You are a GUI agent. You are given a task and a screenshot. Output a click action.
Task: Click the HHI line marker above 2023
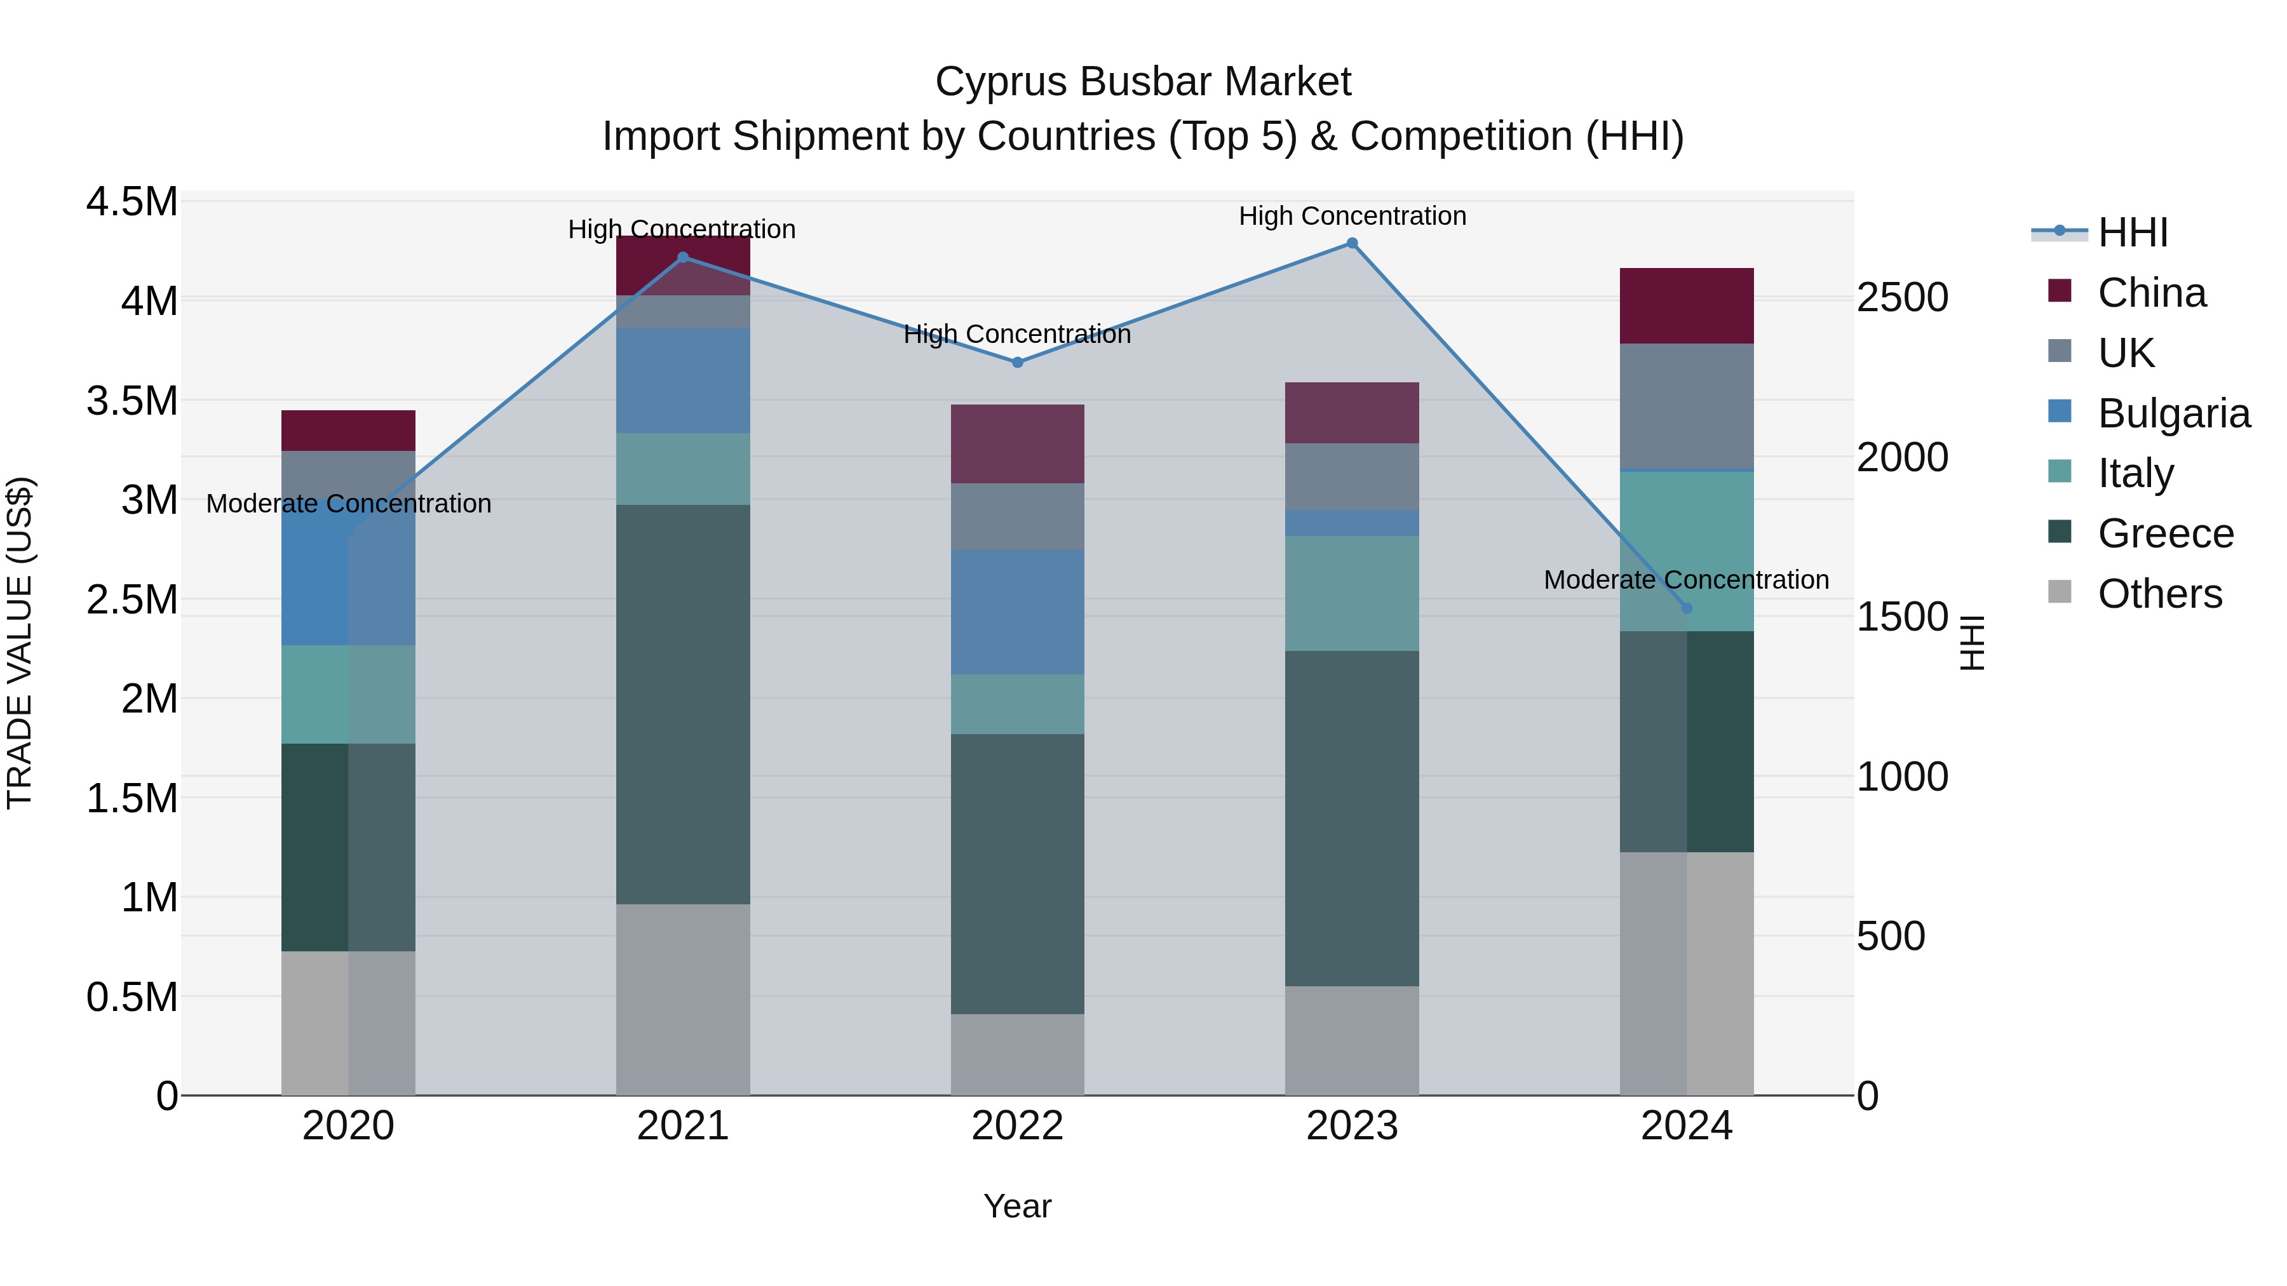1351,243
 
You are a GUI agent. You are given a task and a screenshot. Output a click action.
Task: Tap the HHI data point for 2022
1018,362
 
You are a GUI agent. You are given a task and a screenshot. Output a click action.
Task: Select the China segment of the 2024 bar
1686,305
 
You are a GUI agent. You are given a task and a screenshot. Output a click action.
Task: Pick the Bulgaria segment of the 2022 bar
1018,612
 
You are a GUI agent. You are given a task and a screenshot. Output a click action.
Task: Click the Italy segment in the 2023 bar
1351,593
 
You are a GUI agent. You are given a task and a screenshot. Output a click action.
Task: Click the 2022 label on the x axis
1018,1126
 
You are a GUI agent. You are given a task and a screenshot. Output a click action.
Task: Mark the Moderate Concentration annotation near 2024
1686,580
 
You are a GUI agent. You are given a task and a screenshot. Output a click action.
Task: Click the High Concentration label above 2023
1351,216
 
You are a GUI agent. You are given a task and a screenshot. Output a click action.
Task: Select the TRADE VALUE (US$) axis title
20,643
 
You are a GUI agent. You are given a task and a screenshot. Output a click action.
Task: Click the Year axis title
1018,1206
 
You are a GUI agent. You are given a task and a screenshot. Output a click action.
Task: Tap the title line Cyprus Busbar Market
1143,82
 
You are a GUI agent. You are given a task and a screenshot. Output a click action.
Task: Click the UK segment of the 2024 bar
1686,406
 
